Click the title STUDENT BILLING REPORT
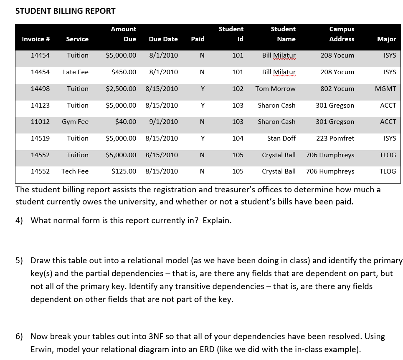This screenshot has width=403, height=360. click(x=66, y=11)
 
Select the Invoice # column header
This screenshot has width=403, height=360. click(x=36, y=39)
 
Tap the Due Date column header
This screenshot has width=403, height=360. click(x=163, y=39)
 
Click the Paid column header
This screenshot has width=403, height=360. click(x=198, y=39)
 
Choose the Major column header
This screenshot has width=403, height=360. click(x=386, y=39)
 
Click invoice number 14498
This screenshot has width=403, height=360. click(x=40, y=89)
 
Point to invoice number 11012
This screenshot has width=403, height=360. click(x=40, y=122)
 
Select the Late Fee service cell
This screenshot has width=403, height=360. click(x=76, y=72)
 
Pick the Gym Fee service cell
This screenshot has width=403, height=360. click(x=75, y=122)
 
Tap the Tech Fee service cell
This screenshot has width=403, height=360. click(x=75, y=171)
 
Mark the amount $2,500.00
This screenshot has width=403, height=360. click(x=121, y=89)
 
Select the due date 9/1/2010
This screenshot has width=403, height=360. click(x=163, y=122)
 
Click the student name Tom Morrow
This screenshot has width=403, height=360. click(x=275, y=89)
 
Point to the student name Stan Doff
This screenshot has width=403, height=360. click(x=281, y=138)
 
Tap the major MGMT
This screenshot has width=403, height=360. click(x=385, y=89)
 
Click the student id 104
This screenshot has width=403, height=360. click(x=238, y=138)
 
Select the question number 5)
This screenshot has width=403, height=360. click(x=20, y=261)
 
